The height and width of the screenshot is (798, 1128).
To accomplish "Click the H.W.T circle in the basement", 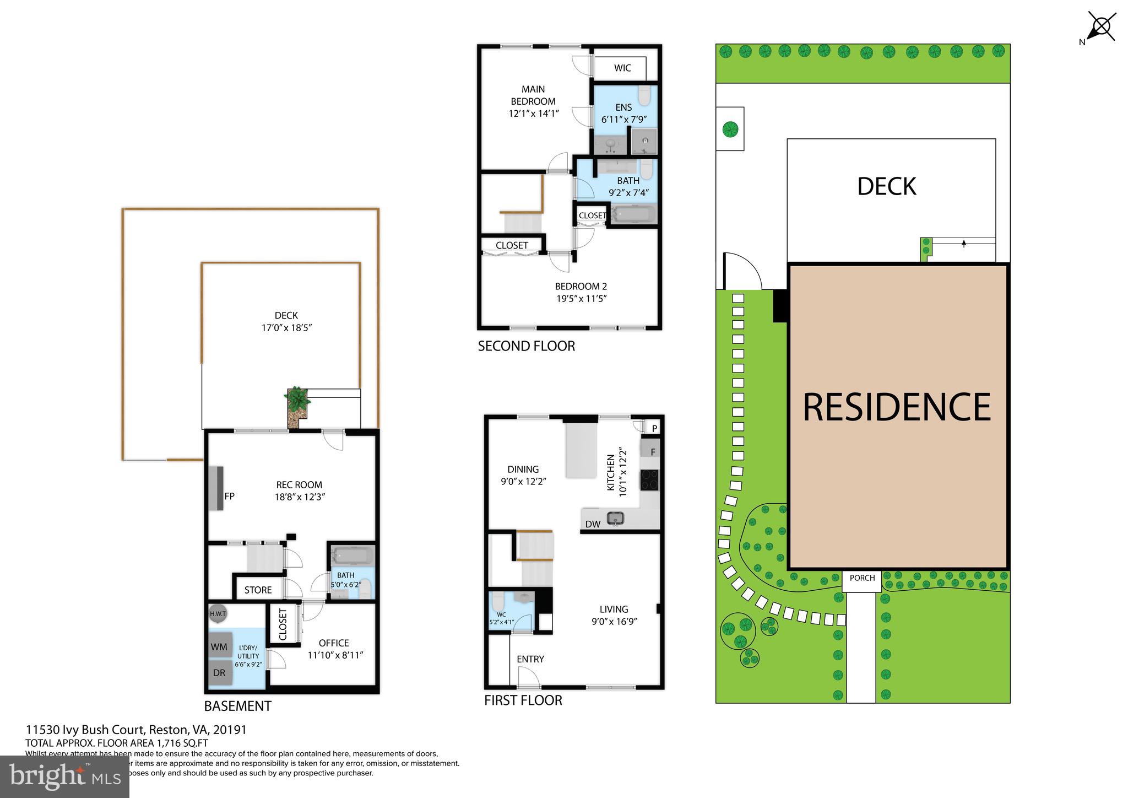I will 218,613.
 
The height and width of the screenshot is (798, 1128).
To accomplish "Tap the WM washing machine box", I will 220,647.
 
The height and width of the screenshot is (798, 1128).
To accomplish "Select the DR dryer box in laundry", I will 220,673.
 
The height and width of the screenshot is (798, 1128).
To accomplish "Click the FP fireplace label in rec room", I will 229,496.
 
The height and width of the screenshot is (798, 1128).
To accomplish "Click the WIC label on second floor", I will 622,68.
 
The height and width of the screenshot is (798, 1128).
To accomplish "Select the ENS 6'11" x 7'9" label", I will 623,113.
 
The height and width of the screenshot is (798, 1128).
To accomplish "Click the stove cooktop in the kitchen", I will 649,479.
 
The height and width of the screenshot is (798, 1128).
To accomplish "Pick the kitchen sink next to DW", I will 615,518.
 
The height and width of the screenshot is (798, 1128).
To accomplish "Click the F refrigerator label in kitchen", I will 653,452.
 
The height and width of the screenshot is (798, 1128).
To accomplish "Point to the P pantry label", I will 654,428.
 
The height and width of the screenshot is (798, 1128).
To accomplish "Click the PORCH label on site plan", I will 862,578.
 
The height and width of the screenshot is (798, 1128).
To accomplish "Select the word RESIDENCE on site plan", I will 897,407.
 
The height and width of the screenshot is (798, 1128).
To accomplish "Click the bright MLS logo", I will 64,777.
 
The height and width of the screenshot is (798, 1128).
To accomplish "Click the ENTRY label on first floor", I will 530,659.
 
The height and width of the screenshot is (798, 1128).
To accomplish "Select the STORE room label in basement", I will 258,590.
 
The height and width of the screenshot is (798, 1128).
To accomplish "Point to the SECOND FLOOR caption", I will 526,346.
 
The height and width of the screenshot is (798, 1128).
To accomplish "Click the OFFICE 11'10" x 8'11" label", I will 334,649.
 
